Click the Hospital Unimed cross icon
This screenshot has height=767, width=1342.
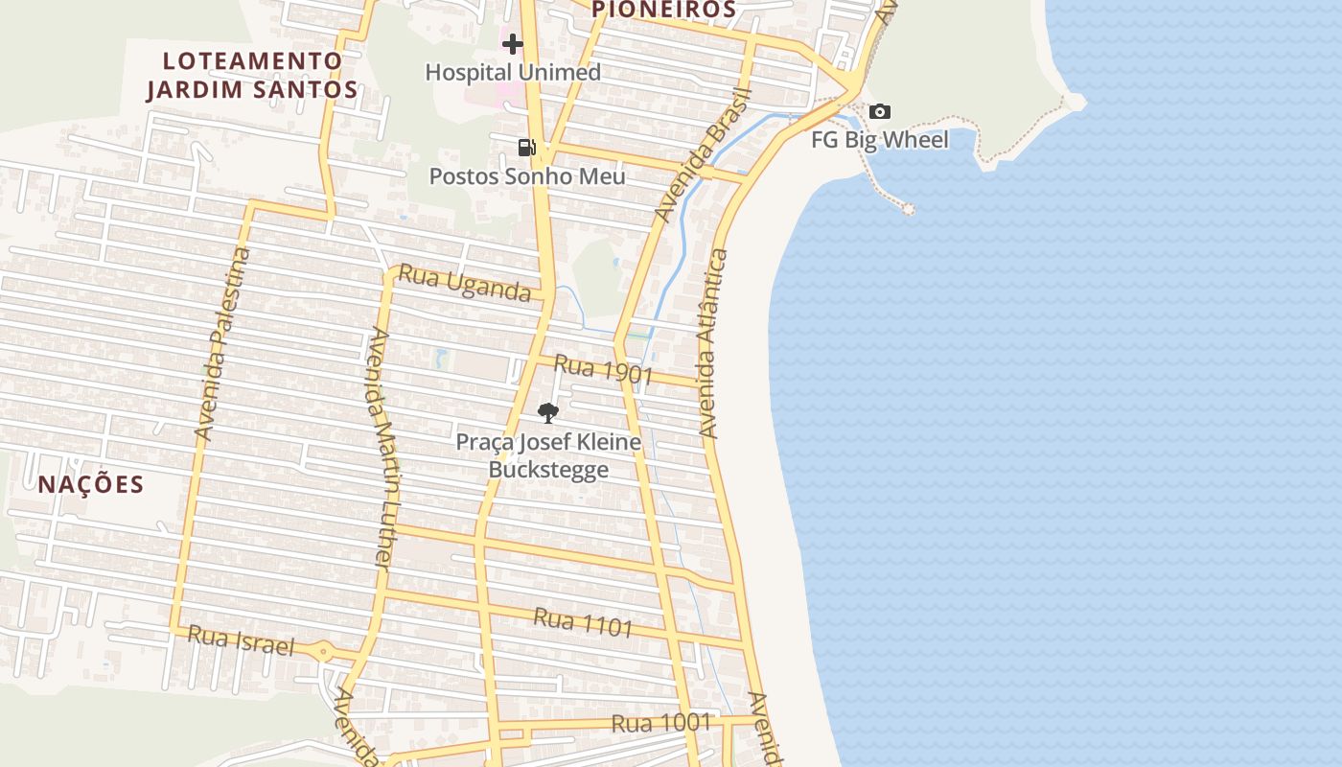click(x=513, y=43)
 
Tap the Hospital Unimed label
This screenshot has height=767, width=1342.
click(x=513, y=72)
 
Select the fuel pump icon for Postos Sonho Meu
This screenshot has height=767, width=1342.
click(x=526, y=147)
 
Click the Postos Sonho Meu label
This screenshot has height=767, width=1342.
click(x=526, y=176)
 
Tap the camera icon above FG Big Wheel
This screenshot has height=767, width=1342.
click(x=879, y=112)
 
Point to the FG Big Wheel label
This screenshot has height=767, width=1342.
click(x=879, y=140)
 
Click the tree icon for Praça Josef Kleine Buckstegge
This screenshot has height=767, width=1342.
click(x=548, y=413)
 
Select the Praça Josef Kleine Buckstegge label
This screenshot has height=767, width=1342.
click(x=548, y=455)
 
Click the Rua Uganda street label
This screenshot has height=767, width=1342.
click(x=464, y=283)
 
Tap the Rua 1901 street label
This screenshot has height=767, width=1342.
click(x=603, y=370)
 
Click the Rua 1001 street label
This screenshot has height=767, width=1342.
click(x=661, y=722)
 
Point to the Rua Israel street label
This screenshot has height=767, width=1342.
click(x=241, y=639)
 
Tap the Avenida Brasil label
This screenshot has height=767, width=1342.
click(x=703, y=155)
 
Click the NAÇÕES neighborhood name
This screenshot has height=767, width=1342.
click(x=91, y=484)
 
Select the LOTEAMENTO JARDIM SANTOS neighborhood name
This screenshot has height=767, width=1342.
click(x=252, y=75)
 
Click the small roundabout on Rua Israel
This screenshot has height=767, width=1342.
click(x=323, y=652)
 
